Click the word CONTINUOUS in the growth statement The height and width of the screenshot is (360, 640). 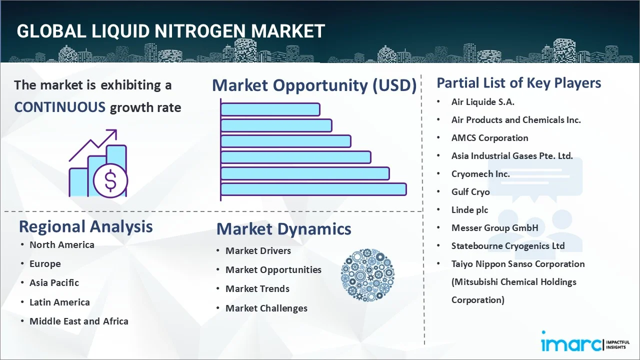[59, 107]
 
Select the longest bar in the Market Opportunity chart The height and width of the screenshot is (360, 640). [313, 189]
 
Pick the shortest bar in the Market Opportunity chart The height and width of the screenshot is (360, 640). [270, 109]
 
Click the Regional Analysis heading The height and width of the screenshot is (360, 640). [85, 226]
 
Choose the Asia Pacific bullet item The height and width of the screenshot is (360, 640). [54, 283]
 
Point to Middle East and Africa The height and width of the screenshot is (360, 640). [78, 321]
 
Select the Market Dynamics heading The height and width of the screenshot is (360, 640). [283, 229]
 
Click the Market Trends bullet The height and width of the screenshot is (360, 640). [257, 289]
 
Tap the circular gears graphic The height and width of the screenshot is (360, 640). [367, 275]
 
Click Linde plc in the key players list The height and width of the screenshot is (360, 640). [469, 210]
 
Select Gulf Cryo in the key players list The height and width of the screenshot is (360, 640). [470, 192]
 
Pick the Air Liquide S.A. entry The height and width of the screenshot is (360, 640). [482, 102]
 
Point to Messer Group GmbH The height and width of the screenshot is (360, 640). [494, 228]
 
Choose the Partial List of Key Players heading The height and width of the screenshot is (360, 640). [518, 83]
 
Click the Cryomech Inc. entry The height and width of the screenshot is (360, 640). [480, 174]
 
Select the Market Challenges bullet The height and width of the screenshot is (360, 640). [266, 308]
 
